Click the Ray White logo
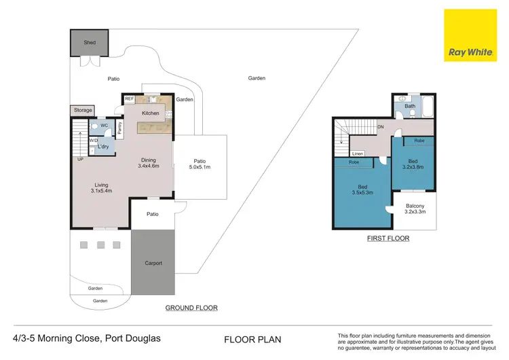pyautogui.click(x=470, y=35)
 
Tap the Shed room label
pyautogui.click(x=90, y=43)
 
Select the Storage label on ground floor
pyautogui.click(x=83, y=110)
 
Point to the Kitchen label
pyautogui.click(x=151, y=113)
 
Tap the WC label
pyautogui.click(x=104, y=126)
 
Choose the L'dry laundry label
pyautogui.click(x=104, y=147)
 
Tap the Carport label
pyautogui.click(x=153, y=263)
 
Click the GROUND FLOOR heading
pyautogui.click(x=191, y=308)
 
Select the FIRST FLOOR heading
pyautogui.click(x=388, y=238)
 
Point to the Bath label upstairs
pyautogui.click(x=410, y=106)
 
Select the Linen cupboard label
pyautogui.click(x=357, y=154)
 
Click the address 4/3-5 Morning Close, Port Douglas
pyautogui.click(x=87, y=338)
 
